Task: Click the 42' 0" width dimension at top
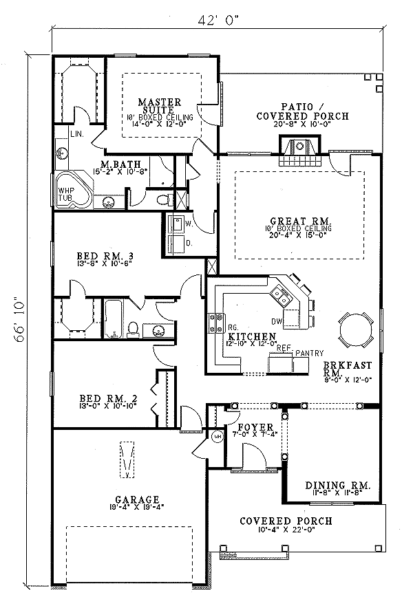pos(217,20)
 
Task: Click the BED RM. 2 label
pos(100,398)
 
